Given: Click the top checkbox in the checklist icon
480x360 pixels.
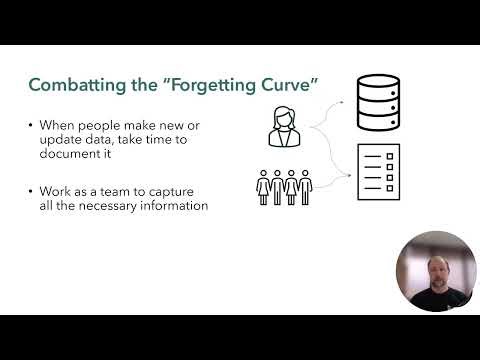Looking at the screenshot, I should click(367, 157).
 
